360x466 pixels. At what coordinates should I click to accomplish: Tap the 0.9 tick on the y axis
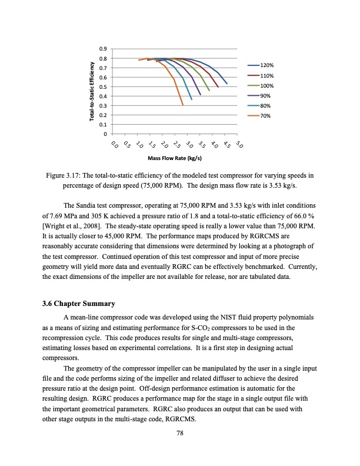pyautogui.click(x=103, y=49)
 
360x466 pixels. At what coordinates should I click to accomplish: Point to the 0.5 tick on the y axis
pyautogui.click(x=103, y=86)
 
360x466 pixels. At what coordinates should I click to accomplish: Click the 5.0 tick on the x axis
pyautogui.click(x=238, y=145)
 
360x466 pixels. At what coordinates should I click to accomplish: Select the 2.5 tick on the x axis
pyautogui.click(x=176, y=145)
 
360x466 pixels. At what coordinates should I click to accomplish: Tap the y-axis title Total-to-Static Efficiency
pyautogui.click(x=92, y=91)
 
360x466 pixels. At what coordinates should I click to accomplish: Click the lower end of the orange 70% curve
pyautogui.click(x=183, y=105)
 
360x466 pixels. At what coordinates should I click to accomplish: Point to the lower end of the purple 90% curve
pyautogui.click(x=201, y=95)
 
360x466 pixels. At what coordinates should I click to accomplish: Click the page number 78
pyautogui.click(x=180, y=434)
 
